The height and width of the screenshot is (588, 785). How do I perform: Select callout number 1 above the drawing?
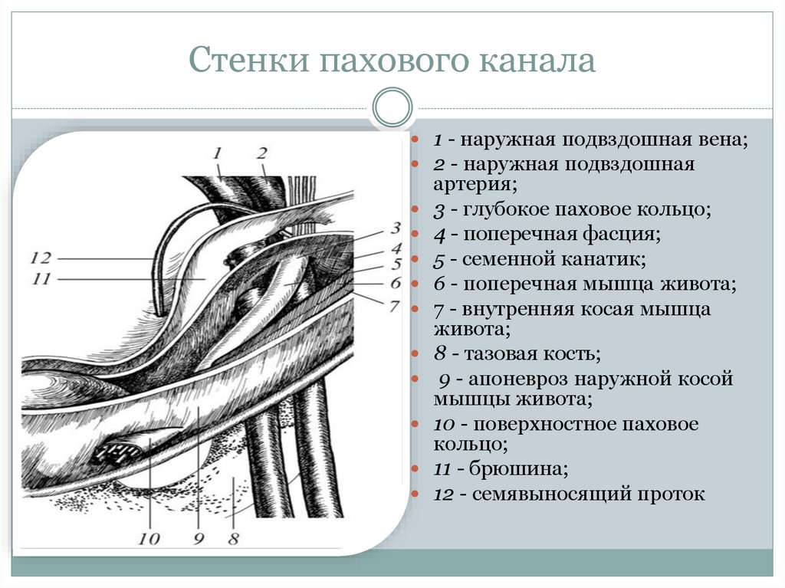tap(218, 153)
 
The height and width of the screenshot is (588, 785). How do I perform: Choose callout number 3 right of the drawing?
tap(396, 228)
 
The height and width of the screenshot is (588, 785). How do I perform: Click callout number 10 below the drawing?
tap(149, 538)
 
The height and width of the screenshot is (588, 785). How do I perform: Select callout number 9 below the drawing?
tap(198, 538)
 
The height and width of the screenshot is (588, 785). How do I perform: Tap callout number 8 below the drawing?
tap(232, 538)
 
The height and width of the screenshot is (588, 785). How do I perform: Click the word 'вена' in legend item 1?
tap(721, 141)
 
